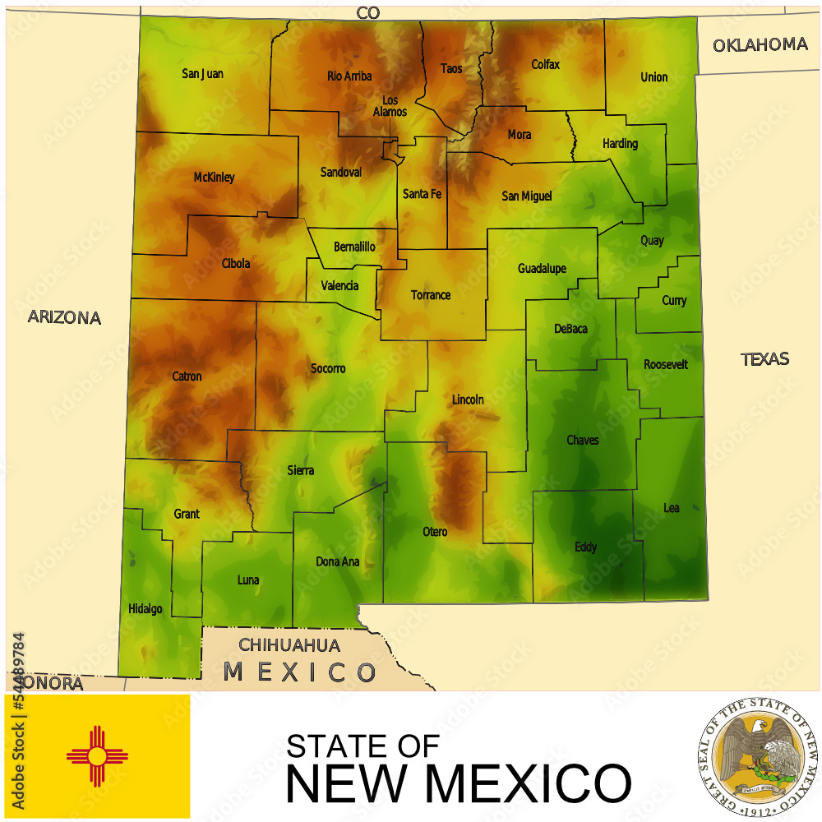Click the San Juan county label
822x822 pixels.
pyautogui.click(x=202, y=74)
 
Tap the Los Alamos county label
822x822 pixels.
pyautogui.click(x=390, y=106)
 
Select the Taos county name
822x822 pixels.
pyautogui.click(x=451, y=69)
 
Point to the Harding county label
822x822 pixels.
pyautogui.click(x=620, y=144)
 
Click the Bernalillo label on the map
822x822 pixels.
pyautogui.click(x=355, y=247)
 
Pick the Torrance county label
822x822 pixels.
pyautogui.click(x=431, y=295)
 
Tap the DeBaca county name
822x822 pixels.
pyautogui.click(x=570, y=329)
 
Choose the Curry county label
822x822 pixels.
pyautogui.click(x=674, y=301)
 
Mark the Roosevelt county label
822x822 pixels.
pyautogui.click(x=666, y=364)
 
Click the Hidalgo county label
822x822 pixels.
pyautogui.click(x=145, y=609)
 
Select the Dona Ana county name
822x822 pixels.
pyautogui.click(x=338, y=562)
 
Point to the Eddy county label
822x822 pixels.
pyautogui.click(x=586, y=547)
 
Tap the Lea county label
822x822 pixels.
pyautogui.click(x=672, y=508)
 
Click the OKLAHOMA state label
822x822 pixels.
pyautogui.click(x=760, y=45)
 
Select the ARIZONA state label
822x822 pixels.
pyautogui.click(x=64, y=317)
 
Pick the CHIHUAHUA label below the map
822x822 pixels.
pyautogui.click(x=289, y=645)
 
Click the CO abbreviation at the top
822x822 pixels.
pyautogui.click(x=368, y=12)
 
